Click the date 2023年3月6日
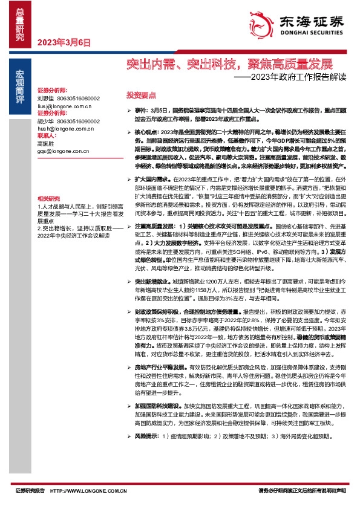[64, 43]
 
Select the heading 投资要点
[141, 96]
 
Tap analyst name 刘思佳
[45, 98]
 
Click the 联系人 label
[47, 137]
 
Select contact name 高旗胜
[45, 144]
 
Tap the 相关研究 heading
[48, 198]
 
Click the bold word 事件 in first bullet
[141, 112]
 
